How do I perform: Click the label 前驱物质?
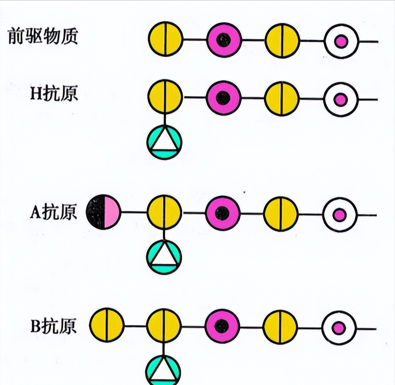(x=43, y=36)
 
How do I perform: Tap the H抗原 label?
(x=54, y=93)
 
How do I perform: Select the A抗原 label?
(x=54, y=212)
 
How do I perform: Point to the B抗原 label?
(x=54, y=326)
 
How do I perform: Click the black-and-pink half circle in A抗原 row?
(x=103, y=212)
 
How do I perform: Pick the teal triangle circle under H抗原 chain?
(x=165, y=142)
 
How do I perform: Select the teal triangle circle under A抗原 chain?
(x=164, y=257)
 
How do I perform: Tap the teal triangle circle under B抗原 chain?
(x=163, y=370)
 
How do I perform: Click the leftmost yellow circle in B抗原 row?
(x=107, y=325)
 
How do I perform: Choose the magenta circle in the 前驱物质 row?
(x=224, y=40)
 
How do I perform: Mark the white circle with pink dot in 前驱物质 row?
(x=341, y=41)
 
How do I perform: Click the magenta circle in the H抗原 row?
(x=224, y=98)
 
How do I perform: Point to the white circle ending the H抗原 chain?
(x=341, y=100)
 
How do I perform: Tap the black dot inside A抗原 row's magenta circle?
(x=222, y=213)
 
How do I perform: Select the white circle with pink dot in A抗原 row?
(x=340, y=215)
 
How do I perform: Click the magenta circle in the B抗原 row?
(x=222, y=327)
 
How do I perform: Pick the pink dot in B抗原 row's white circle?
(x=339, y=328)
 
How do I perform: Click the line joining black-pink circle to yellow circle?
(x=134, y=212)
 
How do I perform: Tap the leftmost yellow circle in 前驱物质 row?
(x=166, y=39)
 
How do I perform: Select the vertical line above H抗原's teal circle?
(x=165, y=119)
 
